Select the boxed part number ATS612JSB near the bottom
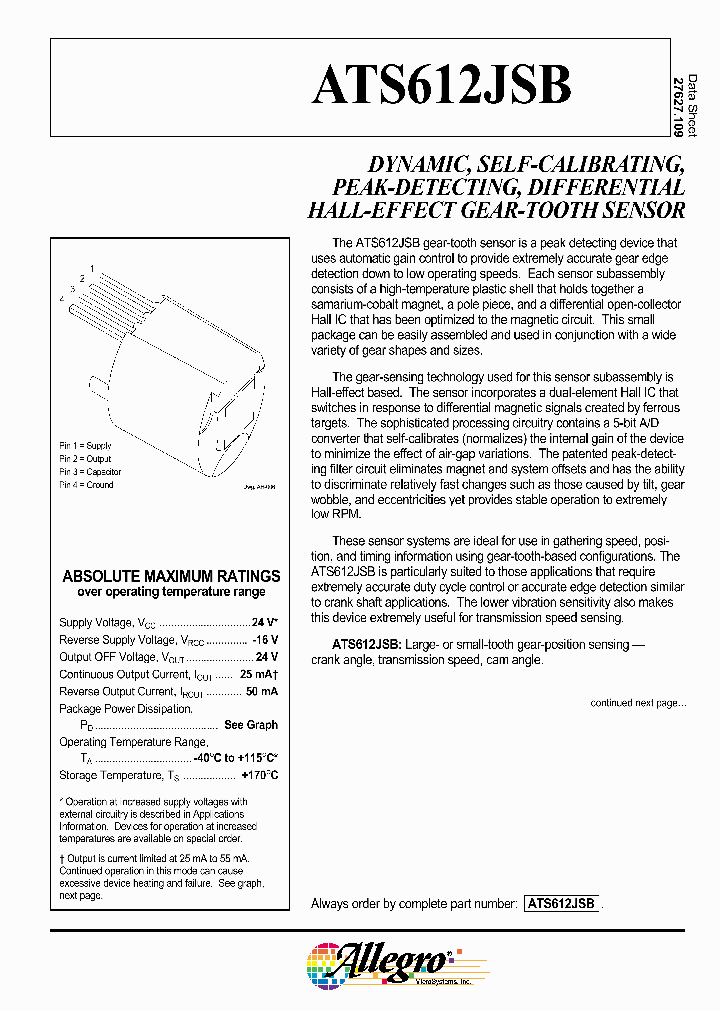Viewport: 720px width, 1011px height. (x=560, y=903)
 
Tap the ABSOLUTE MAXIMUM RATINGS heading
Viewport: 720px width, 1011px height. (x=171, y=576)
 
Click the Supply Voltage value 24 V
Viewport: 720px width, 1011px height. (x=264, y=621)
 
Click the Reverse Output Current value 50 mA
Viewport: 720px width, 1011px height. (x=261, y=691)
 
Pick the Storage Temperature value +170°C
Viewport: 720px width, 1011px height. (x=259, y=776)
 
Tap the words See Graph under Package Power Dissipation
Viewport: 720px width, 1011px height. (x=251, y=725)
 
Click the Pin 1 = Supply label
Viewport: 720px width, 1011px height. (x=85, y=444)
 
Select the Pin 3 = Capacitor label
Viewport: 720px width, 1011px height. (x=90, y=471)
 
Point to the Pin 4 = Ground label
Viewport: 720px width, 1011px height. (x=86, y=485)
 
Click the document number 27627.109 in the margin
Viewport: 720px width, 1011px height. (x=679, y=106)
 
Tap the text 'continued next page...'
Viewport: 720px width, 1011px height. (x=637, y=703)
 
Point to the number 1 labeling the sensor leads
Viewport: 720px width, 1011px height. (x=92, y=268)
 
